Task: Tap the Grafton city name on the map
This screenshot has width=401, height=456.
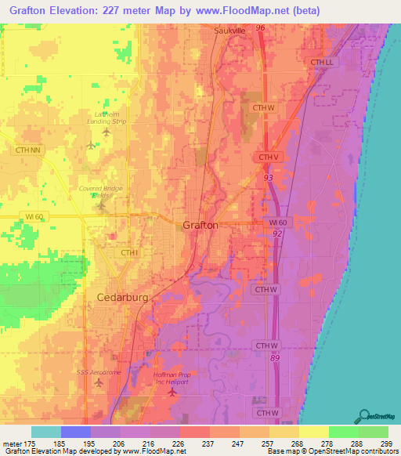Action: coord(200,225)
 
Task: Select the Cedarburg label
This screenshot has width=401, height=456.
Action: coord(122,297)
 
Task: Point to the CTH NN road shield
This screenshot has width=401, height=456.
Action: coord(27,147)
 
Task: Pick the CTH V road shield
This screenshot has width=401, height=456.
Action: coord(269,157)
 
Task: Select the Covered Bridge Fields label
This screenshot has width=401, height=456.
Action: coord(102,191)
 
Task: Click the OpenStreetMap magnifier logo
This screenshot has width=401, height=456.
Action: coord(364,415)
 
